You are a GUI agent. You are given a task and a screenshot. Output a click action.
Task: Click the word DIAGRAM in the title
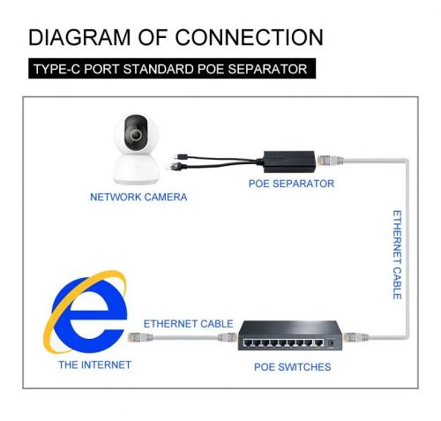79,37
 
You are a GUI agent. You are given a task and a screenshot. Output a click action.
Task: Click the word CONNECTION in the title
250,37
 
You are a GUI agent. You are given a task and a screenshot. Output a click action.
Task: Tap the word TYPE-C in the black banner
56,69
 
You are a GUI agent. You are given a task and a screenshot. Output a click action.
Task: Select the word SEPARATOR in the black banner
267,69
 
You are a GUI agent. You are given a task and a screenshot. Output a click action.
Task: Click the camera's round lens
136,135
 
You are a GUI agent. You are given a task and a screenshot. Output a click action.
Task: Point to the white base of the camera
136,169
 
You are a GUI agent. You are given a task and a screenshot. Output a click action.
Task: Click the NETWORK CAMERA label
138,197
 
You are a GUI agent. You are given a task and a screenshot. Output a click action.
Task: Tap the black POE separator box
289,162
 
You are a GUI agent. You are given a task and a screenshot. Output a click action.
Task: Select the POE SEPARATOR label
291,184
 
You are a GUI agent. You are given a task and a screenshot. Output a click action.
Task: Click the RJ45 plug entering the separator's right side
330,161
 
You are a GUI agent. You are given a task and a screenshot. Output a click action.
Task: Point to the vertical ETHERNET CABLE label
397,255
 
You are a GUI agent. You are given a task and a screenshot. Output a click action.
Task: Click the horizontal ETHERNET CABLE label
188,324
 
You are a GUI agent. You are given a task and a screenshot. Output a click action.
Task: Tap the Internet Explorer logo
86,312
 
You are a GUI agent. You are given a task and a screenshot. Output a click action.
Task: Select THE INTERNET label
94,365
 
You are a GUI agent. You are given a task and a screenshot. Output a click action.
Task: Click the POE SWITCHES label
293,367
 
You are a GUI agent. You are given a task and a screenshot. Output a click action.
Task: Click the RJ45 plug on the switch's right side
355,337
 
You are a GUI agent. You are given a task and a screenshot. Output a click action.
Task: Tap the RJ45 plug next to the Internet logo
140,337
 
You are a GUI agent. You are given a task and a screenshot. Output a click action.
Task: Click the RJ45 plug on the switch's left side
228,337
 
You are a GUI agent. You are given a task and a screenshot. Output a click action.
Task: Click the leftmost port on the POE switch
248,342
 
